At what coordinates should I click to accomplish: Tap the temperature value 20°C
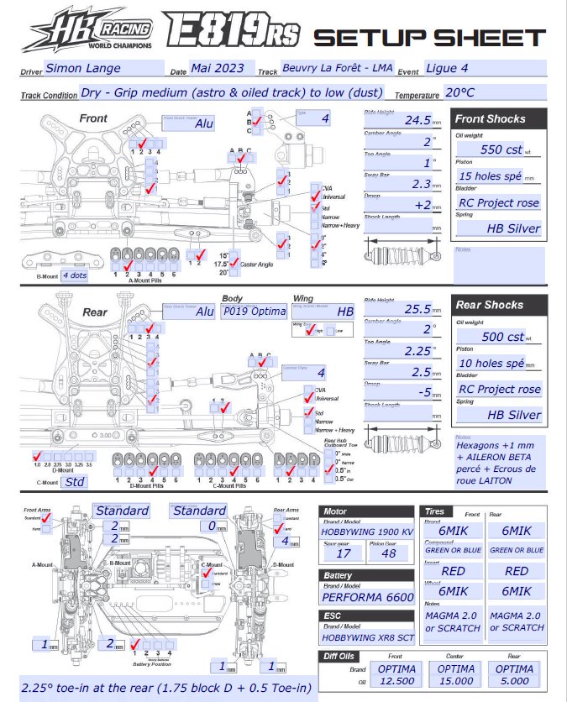tap(461, 93)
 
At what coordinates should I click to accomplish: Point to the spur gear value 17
tap(344, 553)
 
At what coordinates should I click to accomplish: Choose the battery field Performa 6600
tap(366, 597)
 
